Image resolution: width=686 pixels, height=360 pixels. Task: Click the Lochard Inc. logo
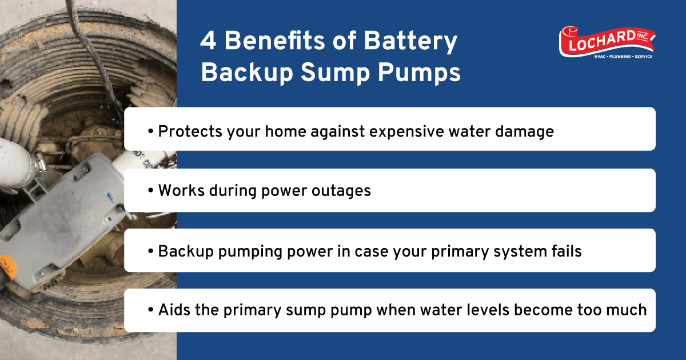click(x=607, y=42)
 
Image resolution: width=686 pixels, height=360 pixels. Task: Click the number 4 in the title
click(x=208, y=43)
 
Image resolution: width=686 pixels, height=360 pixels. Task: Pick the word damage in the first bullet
click(x=526, y=131)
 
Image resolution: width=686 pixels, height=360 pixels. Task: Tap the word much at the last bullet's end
click(x=625, y=310)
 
